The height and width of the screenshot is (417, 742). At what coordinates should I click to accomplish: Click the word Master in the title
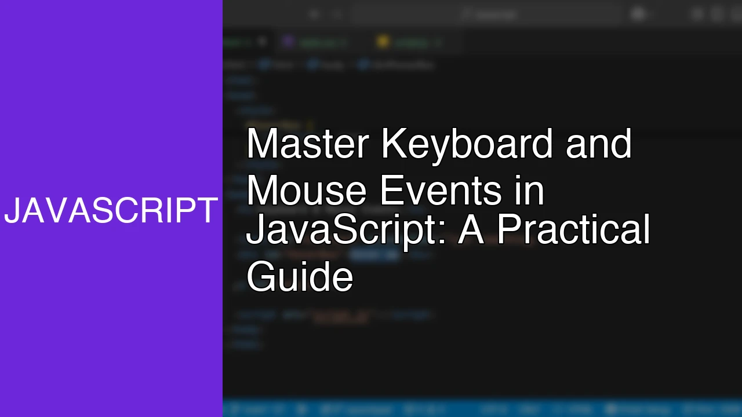[307, 144]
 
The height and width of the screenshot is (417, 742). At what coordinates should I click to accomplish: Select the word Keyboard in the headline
[467, 144]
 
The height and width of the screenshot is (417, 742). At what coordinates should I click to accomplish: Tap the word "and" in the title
[599, 144]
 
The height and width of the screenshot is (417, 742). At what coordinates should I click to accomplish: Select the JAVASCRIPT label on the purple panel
[111, 211]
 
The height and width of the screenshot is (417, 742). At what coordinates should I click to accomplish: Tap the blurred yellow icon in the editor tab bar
[382, 42]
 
